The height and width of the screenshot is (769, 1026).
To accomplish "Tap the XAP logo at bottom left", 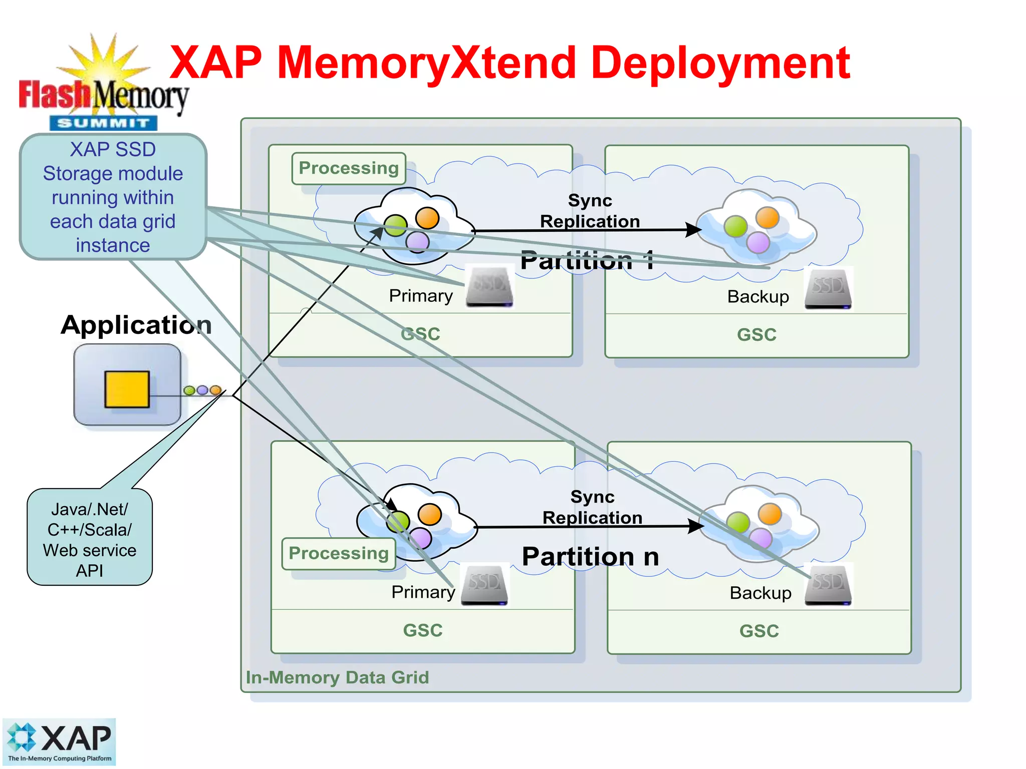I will pyautogui.click(x=59, y=741).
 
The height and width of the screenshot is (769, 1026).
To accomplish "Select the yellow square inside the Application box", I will pyautogui.click(x=127, y=389).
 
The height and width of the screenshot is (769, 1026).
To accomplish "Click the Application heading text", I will pyautogui.click(x=136, y=325).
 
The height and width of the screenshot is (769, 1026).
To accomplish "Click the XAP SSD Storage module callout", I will pyautogui.click(x=113, y=197).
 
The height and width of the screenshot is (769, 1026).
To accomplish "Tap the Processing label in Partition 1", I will pyautogui.click(x=349, y=168).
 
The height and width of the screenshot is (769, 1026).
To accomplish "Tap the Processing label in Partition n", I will pyautogui.click(x=339, y=553).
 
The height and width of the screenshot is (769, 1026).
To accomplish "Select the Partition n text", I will pyautogui.click(x=590, y=557).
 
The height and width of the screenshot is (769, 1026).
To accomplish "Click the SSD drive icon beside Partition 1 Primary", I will pyautogui.click(x=489, y=287).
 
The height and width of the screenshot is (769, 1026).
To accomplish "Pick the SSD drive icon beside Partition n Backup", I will pyautogui.click(x=828, y=585).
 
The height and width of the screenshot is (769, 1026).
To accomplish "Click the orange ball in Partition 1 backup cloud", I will pyautogui.click(x=767, y=218).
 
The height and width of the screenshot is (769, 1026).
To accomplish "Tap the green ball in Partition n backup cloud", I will pyautogui.click(x=737, y=523).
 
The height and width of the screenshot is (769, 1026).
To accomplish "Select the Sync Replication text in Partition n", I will pyautogui.click(x=592, y=507).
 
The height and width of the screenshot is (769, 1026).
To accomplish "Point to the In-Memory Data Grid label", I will pyautogui.click(x=337, y=677).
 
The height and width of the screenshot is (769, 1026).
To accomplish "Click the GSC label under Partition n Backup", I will pyautogui.click(x=759, y=631).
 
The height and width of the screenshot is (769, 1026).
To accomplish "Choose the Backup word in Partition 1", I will pyautogui.click(x=758, y=297).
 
